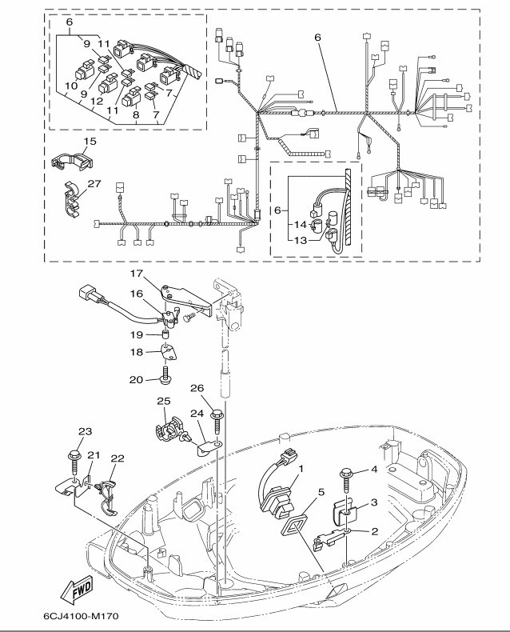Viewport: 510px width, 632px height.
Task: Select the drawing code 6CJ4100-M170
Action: (x=85, y=618)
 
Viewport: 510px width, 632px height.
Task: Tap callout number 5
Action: (x=321, y=493)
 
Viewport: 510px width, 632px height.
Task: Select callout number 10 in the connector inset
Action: (x=70, y=85)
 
